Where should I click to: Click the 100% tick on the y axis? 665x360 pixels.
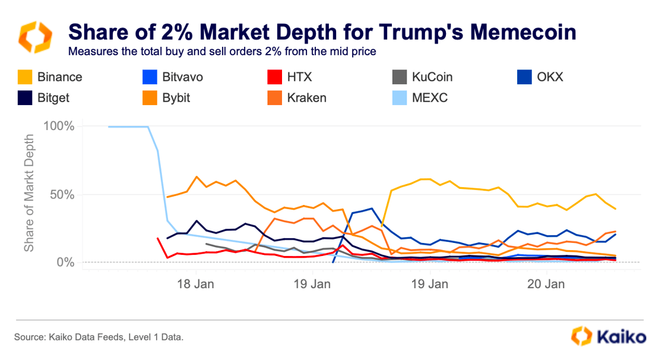(58, 127)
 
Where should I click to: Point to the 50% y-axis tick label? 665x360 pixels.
(61, 195)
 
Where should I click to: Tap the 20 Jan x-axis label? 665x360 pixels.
(547, 284)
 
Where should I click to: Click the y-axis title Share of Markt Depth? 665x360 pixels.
(29, 193)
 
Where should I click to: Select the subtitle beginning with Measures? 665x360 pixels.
(222, 51)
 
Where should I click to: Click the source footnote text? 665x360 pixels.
(99, 337)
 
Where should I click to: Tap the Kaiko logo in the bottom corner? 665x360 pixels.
(609, 336)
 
